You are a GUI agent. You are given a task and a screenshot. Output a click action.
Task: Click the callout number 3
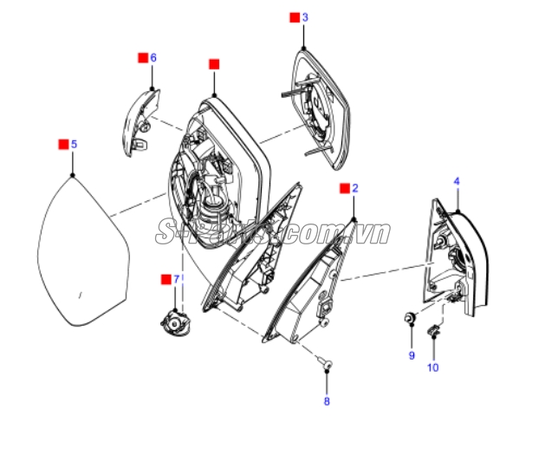pyautogui.click(x=305, y=17)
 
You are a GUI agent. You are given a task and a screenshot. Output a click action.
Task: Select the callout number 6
pyautogui.click(x=153, y=58)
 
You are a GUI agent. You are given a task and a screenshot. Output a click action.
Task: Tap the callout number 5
pyautogui.click(x=74, y=144)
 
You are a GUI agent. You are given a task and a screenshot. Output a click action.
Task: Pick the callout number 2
pyautogui.click(x=355, y=188)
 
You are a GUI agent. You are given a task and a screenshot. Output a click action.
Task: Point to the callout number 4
pyautogui.click(x=457, y=181)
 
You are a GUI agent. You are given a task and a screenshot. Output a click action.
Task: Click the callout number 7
pyautogui.click(x=176, y=279)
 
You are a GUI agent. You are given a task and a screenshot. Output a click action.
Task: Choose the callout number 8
pyautogui.click(x=327, y=401)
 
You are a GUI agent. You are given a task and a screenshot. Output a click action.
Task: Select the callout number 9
pyautogui.click(x=412, y=355)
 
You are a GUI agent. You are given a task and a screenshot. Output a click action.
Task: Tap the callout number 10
pyautogui.click(x=433, y=367)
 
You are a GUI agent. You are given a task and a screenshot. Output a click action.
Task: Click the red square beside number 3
pyautogui.click(x=295, y=17)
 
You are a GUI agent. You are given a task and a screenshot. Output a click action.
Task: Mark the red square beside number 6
pyautogui.click(x=143, y=58)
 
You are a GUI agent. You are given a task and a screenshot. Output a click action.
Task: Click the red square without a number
pyautogui.click(x=214, y=64)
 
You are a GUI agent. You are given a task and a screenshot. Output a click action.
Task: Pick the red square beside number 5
pyautogui.click(x=63, y=144)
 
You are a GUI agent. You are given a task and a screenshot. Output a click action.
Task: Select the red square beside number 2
pyautogui.click(x=345, y=188)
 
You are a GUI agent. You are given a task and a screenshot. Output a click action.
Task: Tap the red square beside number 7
pyautogui.click(x=166, y=279)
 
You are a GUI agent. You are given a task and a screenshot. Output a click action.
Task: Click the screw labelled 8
pyautogui.click(x=325, y=363)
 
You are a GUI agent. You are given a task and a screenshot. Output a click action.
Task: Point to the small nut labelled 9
pyautogui.click(x=411, y=317)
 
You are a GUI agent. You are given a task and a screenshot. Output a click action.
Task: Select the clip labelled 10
pyautogui.click(x=433, y=330)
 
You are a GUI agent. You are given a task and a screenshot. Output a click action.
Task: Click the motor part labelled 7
pyautogui.click(x=176, y=323)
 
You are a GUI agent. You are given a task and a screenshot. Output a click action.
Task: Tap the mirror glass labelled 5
pyautogui.click(x=83, y=251)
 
